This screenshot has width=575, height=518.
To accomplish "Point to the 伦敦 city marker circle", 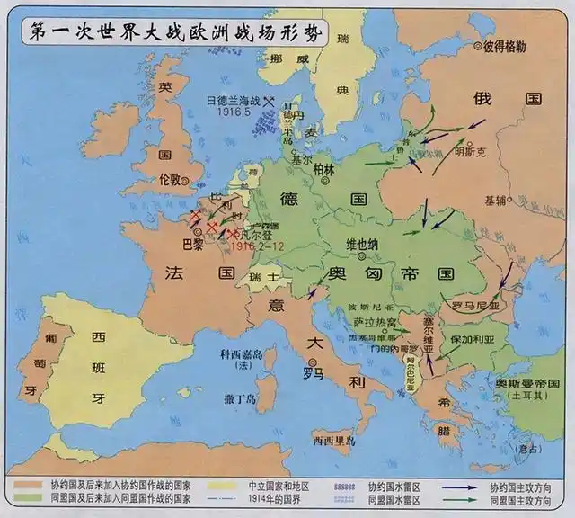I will tap(186, 180).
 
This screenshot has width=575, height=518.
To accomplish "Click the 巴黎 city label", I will tap(193, 244).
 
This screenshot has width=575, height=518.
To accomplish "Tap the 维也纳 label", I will tap(364, 244).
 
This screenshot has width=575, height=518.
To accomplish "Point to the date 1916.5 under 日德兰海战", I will tap(234, 114).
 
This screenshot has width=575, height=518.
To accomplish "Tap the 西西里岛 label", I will tap(334, 441).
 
